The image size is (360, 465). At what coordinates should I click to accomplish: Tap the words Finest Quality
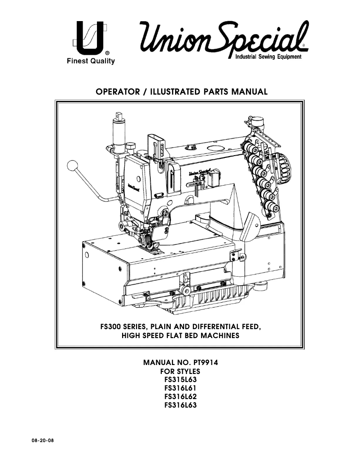(x=88, y=61)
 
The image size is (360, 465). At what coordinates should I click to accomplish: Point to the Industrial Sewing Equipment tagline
(x=268, y=57)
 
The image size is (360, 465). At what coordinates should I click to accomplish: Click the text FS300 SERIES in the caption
(x=122, y=327)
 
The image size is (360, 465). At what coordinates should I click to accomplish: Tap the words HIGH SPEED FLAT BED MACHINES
(x=180, y=335)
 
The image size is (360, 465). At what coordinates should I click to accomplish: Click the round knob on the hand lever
(x=72, y=166)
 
